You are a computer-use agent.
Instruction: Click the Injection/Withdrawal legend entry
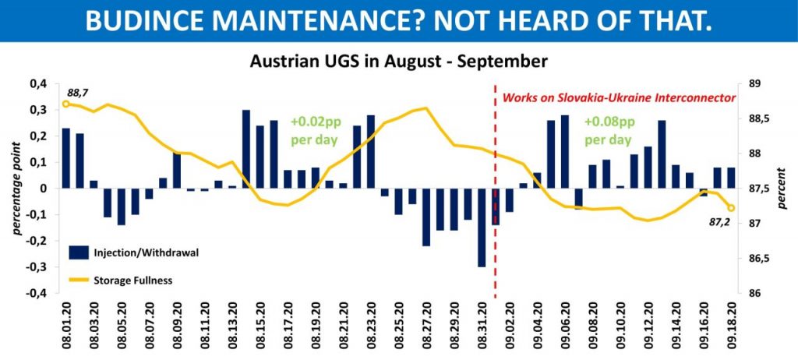(x=140, y=252)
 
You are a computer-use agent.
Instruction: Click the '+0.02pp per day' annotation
(x=315, y=132)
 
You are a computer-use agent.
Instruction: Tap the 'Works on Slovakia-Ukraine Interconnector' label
(x=619, y=99)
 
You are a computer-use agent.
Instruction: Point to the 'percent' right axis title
(x=782, y=189)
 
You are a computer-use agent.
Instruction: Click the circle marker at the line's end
(x=731, y=208)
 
